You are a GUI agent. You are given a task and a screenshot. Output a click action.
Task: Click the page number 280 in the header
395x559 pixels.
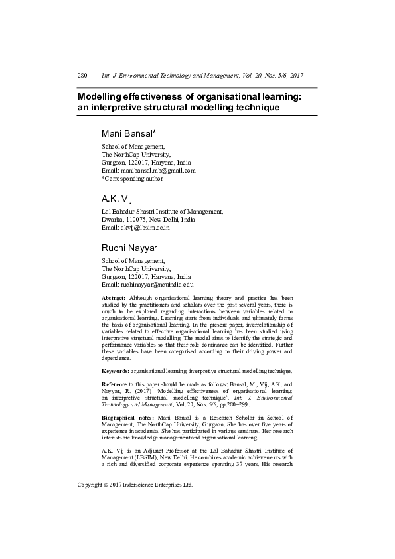point(83,76)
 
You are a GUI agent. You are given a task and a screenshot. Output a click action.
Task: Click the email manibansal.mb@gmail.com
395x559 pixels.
point(157,170)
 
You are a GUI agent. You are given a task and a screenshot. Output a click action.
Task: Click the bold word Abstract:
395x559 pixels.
point(114,298)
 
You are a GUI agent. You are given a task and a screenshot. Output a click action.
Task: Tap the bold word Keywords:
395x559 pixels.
point(116,371)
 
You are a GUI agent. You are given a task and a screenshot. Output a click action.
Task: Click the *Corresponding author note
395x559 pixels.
point(131,178)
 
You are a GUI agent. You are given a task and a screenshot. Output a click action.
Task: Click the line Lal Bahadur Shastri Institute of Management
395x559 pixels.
point(162,212)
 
